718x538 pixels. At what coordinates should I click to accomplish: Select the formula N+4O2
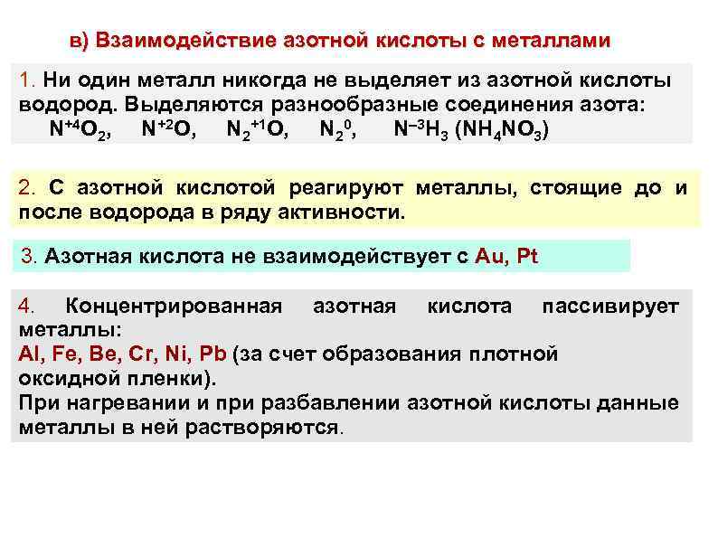pyautogui.click(x=81, y=130)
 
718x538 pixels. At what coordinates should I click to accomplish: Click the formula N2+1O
pyautogui.click(x=259, y=130)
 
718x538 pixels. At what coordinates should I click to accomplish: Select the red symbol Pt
pyautogui.click(x=526, y=255)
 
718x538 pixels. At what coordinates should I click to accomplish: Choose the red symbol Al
pyautogui.click(x=28, y=354)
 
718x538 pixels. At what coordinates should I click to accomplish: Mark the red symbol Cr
pyautogui.click(x=128, y=354)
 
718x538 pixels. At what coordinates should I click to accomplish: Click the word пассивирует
pyautogui.click(x=609, y=307)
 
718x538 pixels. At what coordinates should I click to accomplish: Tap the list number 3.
pyautogui.click(x=27, y=255)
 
